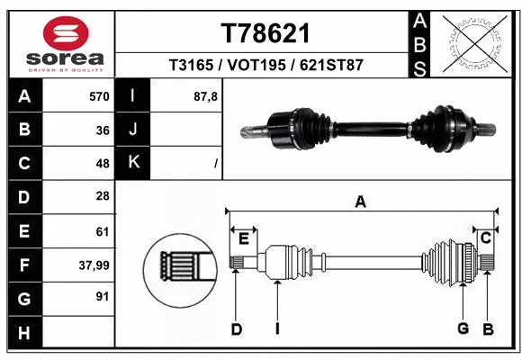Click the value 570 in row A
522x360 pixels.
[x=98, y=94]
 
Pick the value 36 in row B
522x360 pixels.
[x=102, y=129]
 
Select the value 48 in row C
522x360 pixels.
[x=102, y=163]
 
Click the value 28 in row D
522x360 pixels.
[x=102, y=196]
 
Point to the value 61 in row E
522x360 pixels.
[x=102, y=231]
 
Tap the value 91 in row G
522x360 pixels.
[x=102, y=295]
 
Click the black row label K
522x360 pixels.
[x=133, y=163]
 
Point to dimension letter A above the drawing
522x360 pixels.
[x=361, y=202]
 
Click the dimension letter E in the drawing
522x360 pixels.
[x=243, y=238]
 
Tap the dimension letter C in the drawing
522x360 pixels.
[x=485, y=238]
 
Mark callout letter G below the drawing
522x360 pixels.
[x=463, y=329]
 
